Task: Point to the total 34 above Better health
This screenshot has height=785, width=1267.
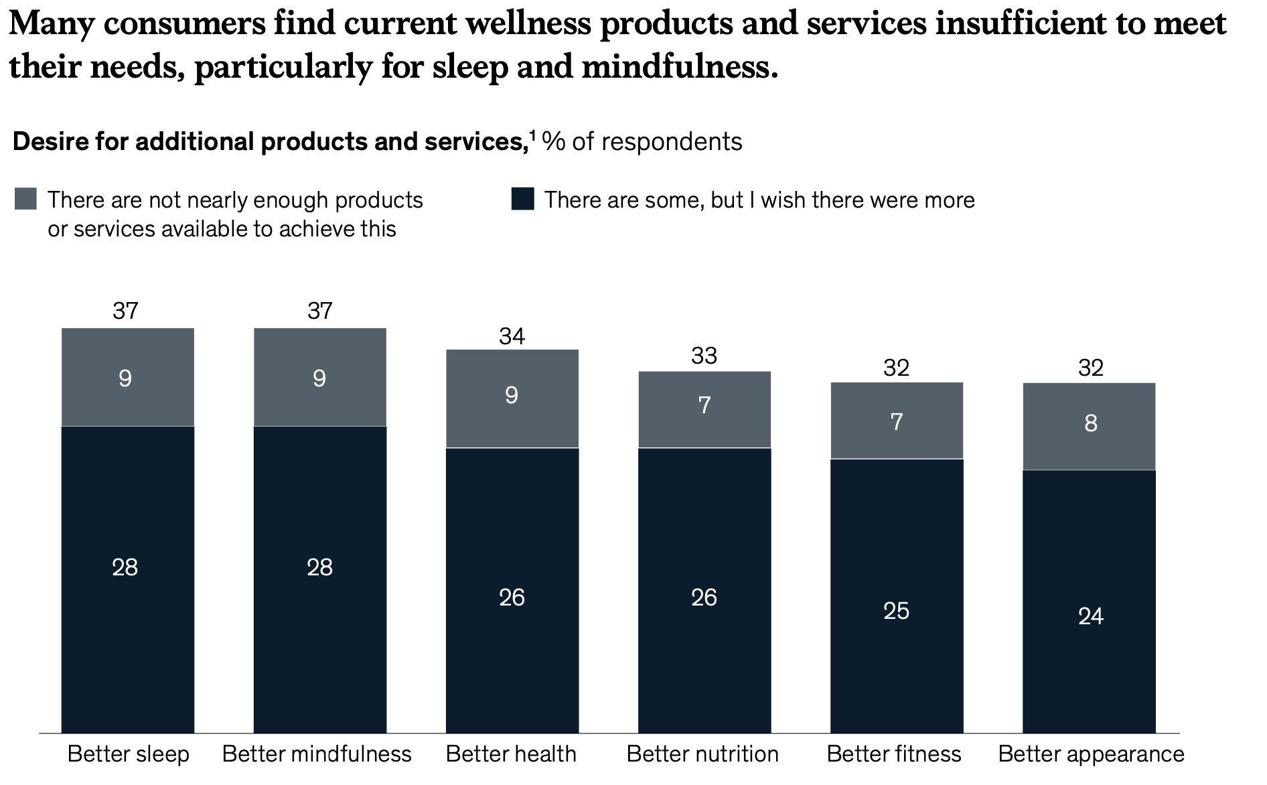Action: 512,336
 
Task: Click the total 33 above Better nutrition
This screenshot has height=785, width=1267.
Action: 704,356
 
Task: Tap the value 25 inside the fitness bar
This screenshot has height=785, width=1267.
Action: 896,611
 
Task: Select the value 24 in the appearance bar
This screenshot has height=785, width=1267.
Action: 1090,616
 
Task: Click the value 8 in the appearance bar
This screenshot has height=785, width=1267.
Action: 1090,423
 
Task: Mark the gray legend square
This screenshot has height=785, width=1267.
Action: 25,200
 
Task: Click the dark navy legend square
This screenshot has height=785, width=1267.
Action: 522,200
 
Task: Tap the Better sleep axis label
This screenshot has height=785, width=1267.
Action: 128,754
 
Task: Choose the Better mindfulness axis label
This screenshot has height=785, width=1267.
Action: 317,754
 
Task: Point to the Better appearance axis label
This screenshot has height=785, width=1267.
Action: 1091,754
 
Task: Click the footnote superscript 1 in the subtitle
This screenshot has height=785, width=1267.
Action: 532,135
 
